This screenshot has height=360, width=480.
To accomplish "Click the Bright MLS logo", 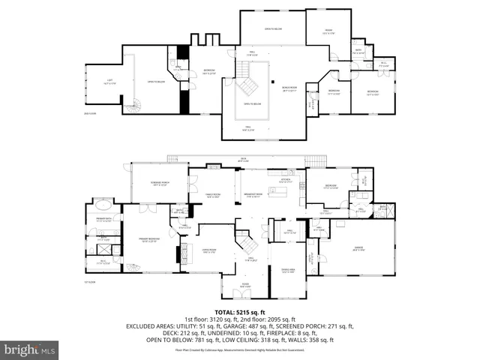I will [30, 349].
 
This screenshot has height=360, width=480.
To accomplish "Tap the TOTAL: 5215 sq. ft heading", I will [239, 310].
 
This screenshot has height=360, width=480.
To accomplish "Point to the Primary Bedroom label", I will [151, 240].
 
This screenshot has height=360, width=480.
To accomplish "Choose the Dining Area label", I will [288, 271].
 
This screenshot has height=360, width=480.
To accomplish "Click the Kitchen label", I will [285, 181].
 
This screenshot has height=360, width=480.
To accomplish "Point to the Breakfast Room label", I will [252, 196].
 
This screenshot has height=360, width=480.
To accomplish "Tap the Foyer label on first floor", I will [244, 285].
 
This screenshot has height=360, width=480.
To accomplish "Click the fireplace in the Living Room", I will [178, 253].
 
